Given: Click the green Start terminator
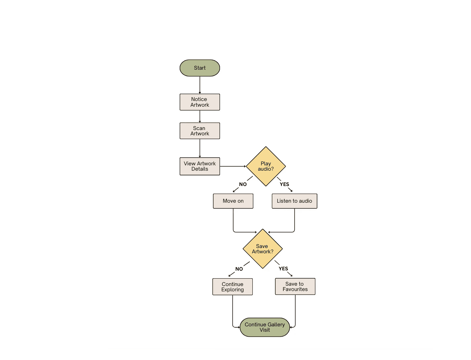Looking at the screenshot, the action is click(x=200, y=68).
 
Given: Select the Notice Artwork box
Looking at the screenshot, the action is click(x=200, y=102).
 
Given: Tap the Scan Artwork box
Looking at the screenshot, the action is click(x=200, y=131).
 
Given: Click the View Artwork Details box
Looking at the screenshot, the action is click(x=200, y=166).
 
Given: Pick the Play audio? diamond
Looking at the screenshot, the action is click(x=266, y=166).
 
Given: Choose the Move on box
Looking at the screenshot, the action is click(x=233, y=201).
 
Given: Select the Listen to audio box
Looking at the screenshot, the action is click(x=294, y=201).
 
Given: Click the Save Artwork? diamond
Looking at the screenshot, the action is click(x=262, y=249).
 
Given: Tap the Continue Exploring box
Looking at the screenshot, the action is click(x=232, y=287).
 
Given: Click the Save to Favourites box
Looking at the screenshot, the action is click(x=295, y=286).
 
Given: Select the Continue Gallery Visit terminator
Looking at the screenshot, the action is click(x=265, y=327).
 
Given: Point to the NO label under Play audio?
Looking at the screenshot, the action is click(x=243, y=184).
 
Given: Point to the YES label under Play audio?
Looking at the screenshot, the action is click(x=284, y=184).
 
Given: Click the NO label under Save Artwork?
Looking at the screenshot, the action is click(x=239, y=269).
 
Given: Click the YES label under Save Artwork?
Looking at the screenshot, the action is click(x=283, y=269).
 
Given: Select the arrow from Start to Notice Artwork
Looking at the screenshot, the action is click(x=200, y=85).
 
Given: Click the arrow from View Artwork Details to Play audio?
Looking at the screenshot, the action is click(x=233, y=166).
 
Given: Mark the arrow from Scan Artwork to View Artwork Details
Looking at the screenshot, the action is click(x=200, y=148).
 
